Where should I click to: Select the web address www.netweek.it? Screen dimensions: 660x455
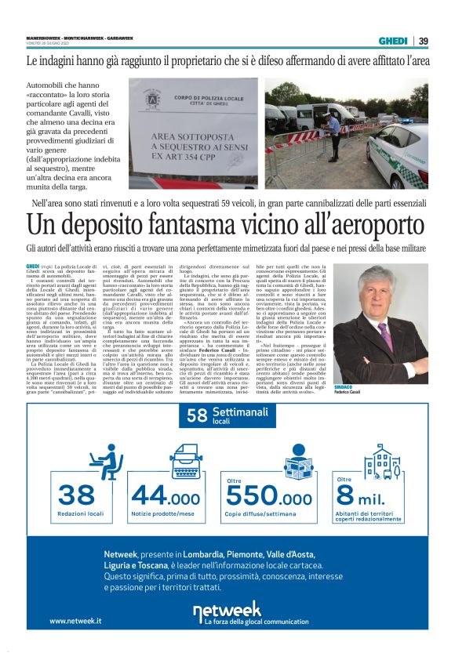click(x=75, y=621)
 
